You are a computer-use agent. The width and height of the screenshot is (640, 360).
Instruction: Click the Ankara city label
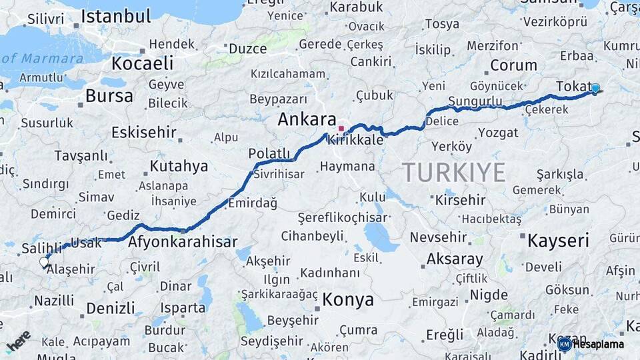pyautogui.click(x=307, y=120)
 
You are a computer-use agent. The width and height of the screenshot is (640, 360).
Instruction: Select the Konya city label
pyautogui.click(x=348, y=300)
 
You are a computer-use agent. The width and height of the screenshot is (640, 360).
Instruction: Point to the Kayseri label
pyautogui.click(x=558, y=241)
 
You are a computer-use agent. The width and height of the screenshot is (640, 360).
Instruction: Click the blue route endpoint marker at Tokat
pyautogui.click(x=595, y=88)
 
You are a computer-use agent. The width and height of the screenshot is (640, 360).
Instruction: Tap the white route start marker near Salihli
pyautogui.click(x=45, y=262)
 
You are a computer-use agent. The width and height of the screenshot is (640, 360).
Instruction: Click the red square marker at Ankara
pyautogui.click(x=341, y=128)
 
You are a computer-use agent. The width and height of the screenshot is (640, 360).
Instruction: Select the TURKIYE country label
pyautogui.click(x=453, y=173)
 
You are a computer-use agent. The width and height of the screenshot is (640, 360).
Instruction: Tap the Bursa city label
pyautogui.click(x=109, y=96)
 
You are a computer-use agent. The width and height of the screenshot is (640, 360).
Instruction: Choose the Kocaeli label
pyautogui.click(x=142, y=63)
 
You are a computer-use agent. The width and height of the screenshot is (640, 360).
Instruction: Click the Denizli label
pyautogui.click(x=110, y=309)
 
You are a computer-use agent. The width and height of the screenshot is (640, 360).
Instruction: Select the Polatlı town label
pyautogui.click(x=269, y=154)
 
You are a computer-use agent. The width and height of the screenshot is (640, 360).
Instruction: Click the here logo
pyautogui.click(x=18, y=341)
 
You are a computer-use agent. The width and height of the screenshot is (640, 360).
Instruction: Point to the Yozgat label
pyautogui.click(x=497, y=133)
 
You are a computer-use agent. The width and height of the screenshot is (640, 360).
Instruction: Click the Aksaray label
pyautogui.click(x=455, y=259)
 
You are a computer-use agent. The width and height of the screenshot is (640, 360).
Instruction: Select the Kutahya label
pyautogui.click(x=179, y=166)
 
